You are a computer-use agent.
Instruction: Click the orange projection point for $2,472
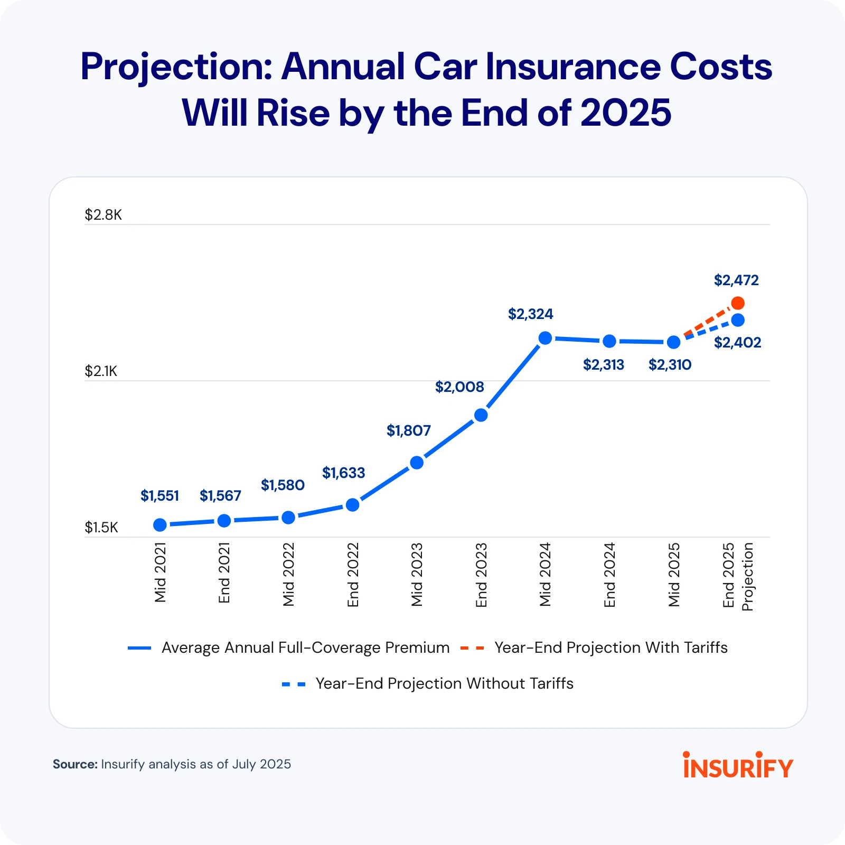point(738,303)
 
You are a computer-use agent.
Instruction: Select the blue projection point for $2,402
point(738,320)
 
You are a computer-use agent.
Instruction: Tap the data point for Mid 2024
point(546,338)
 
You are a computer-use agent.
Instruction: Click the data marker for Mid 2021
point(160,525)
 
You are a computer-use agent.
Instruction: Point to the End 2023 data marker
point(481,415)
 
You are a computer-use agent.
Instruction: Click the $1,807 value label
point(409,430)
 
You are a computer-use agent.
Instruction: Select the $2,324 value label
point(530,314)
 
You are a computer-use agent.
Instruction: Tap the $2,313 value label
point(604,364)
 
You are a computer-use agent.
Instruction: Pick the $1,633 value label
point(344,473)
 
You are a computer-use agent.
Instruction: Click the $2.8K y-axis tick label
point(104,214)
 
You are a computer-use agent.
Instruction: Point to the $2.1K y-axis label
point(101,371)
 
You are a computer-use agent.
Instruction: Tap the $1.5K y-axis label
point(101,527)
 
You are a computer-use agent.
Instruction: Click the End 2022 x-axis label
point(353,575)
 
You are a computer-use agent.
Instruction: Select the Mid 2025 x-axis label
point(674,575)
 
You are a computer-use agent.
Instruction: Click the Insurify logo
point(738,765)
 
